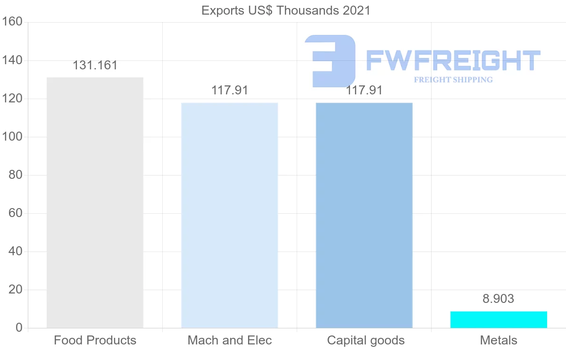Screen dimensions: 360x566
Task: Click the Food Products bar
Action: [95, 202]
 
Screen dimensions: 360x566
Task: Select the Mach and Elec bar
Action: [230, 215]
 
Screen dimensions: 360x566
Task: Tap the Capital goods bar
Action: [364, 215]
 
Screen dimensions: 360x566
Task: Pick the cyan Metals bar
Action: [499, 319]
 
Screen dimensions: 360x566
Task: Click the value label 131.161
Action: [95, 66]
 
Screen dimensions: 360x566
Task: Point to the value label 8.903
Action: [499, 299]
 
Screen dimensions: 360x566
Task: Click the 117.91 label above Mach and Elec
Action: [230, 90]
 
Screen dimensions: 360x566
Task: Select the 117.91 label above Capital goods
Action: [364, 90]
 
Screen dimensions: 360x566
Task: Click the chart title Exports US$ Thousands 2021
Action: [286, 10]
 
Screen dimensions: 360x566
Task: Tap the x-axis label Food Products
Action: [95, 340]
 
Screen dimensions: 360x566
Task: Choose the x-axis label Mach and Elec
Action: [230, 340]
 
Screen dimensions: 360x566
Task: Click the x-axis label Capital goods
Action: [366, 340]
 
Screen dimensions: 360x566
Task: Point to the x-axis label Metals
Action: [499, 340]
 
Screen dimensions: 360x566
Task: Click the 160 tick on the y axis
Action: [13, 22]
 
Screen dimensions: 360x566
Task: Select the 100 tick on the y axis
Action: [13, 137]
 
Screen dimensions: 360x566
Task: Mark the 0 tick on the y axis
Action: [19, 328]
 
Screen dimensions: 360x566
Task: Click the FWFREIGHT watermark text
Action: [453, 61]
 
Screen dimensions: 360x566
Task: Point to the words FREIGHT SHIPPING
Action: [453, 80]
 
